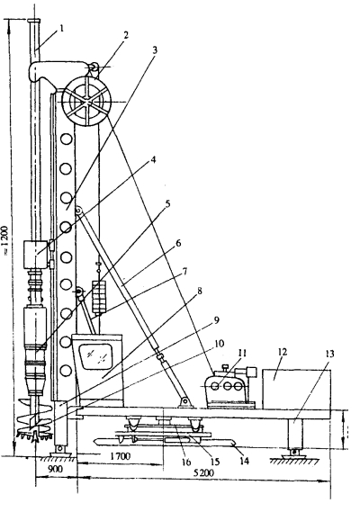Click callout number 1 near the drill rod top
tap(61, 29)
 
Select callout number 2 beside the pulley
tap(125, 35)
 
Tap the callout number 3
tap(154, 50)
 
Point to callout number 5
tap(167, 203)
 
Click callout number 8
tap(200, 291)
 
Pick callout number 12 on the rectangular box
tap(282, 352)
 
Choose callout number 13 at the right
tap(329, 354)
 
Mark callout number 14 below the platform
tap(244, 461)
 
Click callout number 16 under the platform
tap(186, 462)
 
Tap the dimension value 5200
tap(203, 472)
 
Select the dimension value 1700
tap(121, 456)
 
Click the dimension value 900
tap(56, 470)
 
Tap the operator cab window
tap(96, 355)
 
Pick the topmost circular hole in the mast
tap(67, 139)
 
